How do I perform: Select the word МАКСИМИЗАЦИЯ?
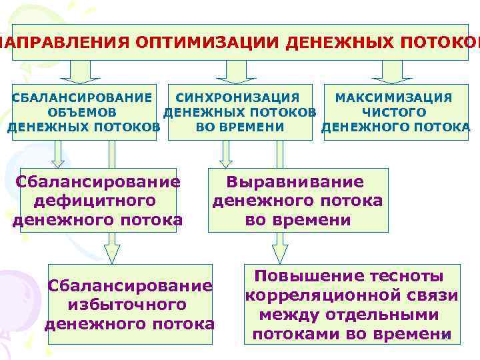click(393, 97)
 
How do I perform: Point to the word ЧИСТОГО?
click(394, 112)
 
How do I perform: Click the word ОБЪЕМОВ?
click(81, 112)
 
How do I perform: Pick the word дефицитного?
click(98, 200)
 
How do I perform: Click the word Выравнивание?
click(295, 182)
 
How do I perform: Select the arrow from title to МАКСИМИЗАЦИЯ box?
click(391, 70)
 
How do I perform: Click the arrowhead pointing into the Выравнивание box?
click(226, 161)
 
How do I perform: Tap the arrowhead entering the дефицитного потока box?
click(59, 161)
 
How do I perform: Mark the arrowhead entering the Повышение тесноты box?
click(280, 253)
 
